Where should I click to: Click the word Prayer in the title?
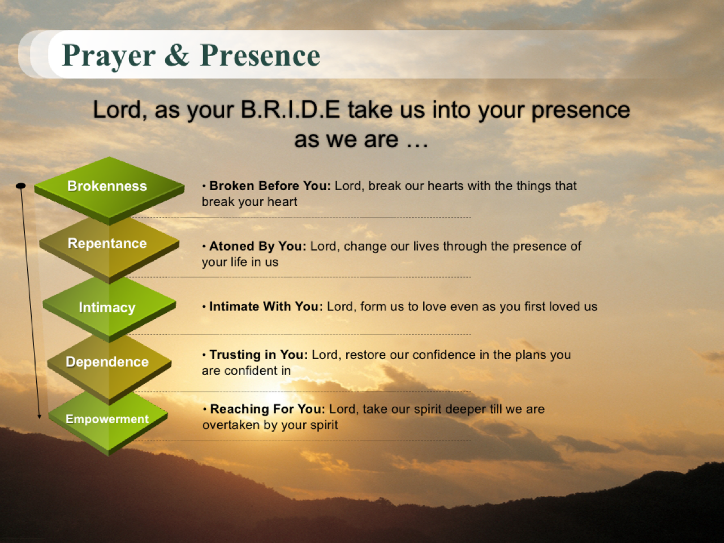109,56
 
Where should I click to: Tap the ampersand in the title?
177,54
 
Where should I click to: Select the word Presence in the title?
260,55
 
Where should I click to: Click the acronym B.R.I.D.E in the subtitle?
290,110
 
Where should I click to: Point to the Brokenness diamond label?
107,186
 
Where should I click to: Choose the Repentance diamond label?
107,244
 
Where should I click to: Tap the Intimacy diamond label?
107,308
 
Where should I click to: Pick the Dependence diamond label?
107,361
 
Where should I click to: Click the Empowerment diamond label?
107,419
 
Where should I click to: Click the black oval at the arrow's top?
21,186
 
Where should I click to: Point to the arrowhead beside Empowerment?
39,417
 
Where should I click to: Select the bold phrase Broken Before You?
270,186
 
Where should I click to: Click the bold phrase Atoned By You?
258,246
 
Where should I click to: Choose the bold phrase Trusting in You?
259,355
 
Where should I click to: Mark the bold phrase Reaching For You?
268,409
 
